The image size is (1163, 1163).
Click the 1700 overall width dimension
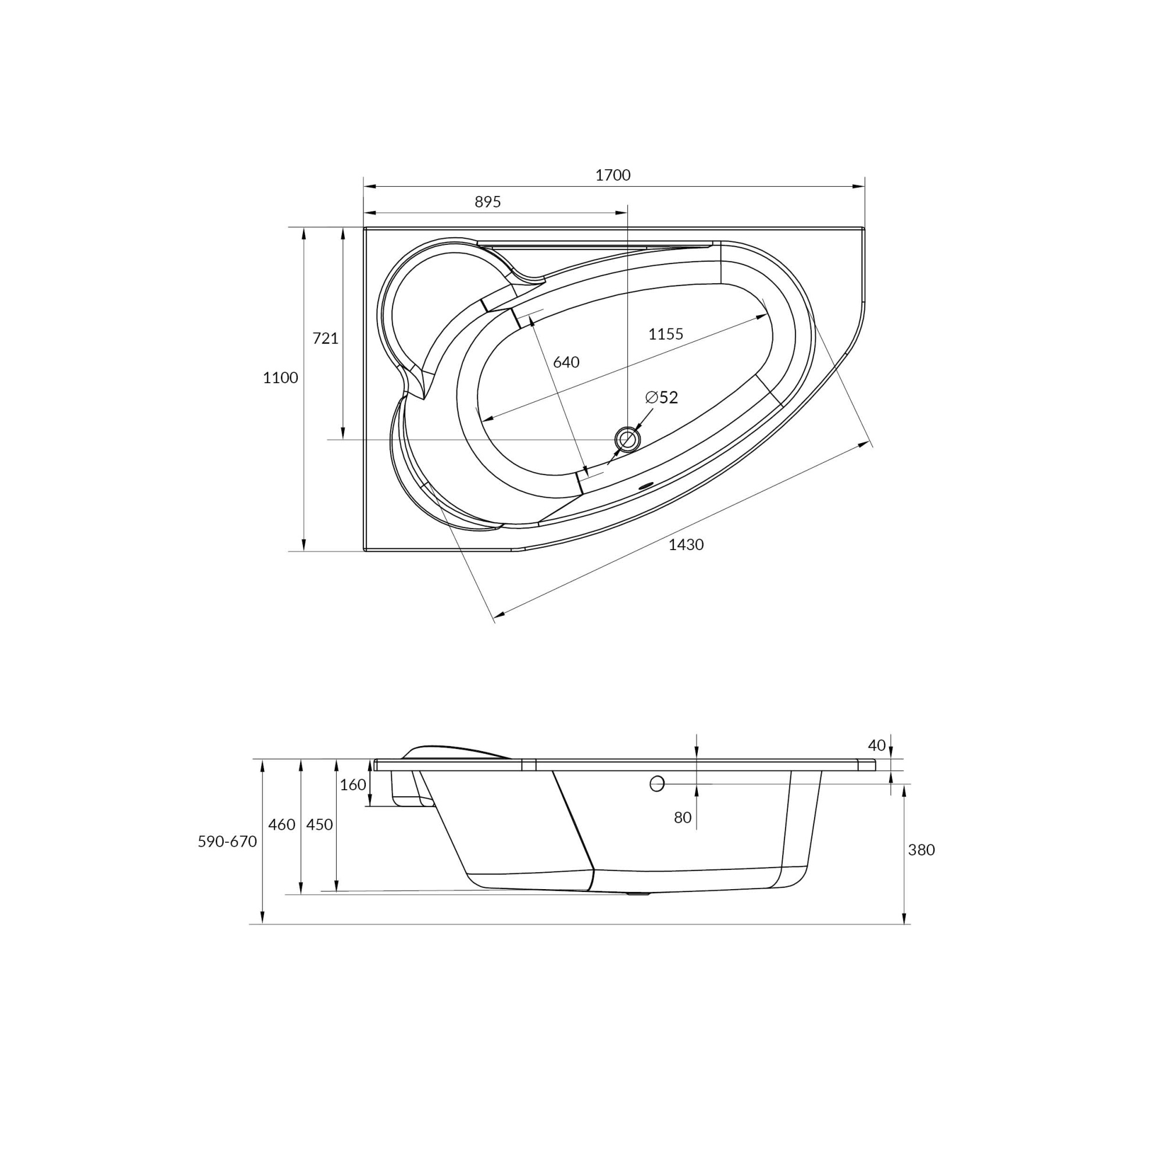(613, 175)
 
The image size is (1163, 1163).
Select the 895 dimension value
(488, 202)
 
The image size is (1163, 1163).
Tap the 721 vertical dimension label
(325, 338)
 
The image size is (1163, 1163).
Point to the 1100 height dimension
(280, 378)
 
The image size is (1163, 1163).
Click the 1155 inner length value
(665, 334)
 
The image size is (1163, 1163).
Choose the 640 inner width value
(566, 362)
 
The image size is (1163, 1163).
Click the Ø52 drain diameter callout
(662, 397)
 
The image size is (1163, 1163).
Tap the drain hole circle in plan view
(627, 440)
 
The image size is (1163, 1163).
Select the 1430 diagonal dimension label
(686, 545)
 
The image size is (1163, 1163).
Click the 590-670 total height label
(227, 841)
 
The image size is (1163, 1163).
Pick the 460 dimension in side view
(281, 825)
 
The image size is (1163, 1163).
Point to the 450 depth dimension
(319, 825)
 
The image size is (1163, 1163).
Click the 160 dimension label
(353, 785)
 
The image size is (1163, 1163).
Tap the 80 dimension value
(682, 818)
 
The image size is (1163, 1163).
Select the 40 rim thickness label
(876, 745)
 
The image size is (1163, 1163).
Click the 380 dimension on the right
(921, 850)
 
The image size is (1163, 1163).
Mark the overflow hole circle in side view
(657, 784)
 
